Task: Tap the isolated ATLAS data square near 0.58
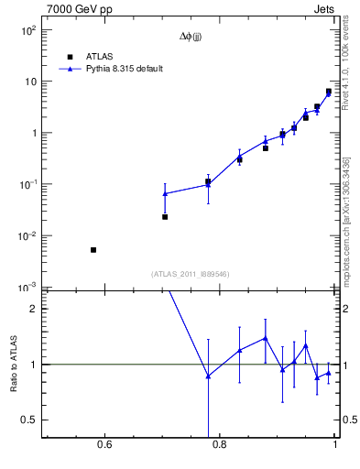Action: coord(93,250)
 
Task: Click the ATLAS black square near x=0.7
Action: coord(165,217)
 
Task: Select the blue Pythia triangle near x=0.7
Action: coord(165,194)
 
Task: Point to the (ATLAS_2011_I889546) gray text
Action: coord(191,274)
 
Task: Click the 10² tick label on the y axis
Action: coord(29,30)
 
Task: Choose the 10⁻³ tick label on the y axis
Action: coord(29,288)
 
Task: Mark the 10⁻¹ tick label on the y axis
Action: coord(29,185)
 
